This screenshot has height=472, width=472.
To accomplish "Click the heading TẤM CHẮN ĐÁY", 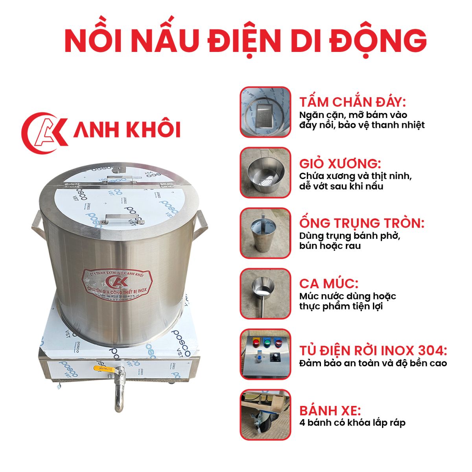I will [x=352, y=102].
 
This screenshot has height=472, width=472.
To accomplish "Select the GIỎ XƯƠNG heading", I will [x=340, y=163].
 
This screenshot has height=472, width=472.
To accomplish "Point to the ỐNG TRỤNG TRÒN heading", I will [x=361, y=223].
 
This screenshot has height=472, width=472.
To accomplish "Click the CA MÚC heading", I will [x=329, y=283].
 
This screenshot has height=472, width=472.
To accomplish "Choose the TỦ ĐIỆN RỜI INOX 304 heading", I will [x=373, y=350].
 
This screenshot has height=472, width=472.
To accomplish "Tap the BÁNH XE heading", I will [x=330, y=411].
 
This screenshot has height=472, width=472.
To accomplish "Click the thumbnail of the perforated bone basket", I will [x=265, y=173].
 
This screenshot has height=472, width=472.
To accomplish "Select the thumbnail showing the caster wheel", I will [x=265, y=415].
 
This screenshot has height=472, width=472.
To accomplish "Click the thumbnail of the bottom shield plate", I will [x=265, y=112].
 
